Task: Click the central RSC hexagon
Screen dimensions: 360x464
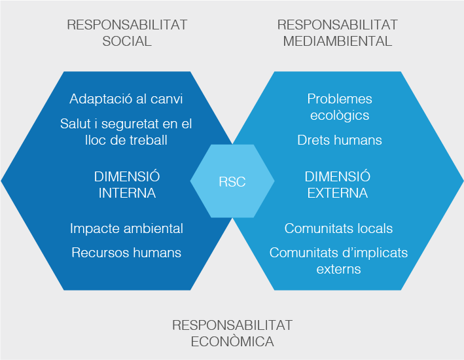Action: tap(232, 181)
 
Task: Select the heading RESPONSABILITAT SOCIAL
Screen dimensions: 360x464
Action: tap(127, 33)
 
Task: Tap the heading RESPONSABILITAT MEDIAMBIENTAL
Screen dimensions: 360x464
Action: tap(337, 33)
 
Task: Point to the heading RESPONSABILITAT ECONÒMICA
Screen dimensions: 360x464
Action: tap(232, 333)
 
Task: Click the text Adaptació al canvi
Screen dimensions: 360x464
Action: tap(126, 99)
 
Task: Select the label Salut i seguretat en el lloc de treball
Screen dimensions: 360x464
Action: tap(126, 132)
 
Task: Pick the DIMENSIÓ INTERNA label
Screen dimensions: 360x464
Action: tap(127, 185)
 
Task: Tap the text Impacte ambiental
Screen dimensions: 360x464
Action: tap(126, 228)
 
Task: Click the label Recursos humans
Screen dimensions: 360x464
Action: tap(126, 253)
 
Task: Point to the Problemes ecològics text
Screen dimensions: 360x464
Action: tap(340, 107)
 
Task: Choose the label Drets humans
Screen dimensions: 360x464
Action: tap(340, 140)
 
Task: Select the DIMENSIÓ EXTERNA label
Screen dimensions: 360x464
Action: tap(338, 185)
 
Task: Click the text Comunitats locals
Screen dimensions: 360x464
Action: tap(338, 228)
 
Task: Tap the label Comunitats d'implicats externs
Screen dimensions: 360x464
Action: tap(338, 261)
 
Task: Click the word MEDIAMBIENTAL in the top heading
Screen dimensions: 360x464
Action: tap(337, 41)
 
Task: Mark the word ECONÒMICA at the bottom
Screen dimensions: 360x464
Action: tap(232, 342)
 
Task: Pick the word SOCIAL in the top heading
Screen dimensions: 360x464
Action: tap(127, 41)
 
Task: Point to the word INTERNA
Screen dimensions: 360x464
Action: tap(127, 193)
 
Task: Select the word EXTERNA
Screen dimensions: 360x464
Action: tap(338, 193)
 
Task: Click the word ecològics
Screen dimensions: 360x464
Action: tap(340, 115)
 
